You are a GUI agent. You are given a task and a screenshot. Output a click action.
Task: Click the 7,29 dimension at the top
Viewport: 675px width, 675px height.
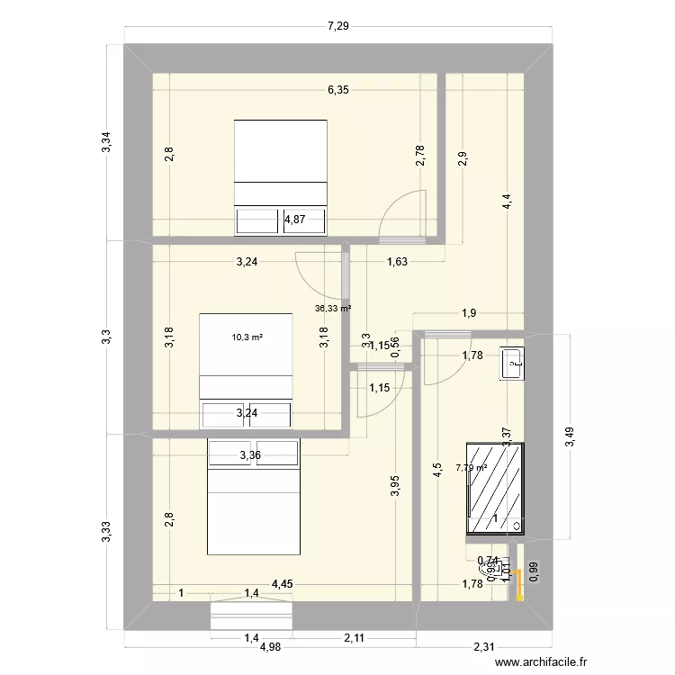tap(337, 26)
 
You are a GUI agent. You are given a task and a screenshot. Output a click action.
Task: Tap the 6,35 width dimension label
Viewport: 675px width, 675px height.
tap(337, 90)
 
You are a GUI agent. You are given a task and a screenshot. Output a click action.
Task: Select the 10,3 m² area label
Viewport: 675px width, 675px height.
tap(246, 337)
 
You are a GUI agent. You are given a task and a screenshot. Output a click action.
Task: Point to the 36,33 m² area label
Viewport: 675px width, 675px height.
tap(332, 308)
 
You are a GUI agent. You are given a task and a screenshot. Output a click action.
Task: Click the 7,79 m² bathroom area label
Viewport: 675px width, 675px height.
tap(471, 467)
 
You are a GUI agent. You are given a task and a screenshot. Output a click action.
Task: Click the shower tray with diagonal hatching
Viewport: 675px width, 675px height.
tap(494, 488)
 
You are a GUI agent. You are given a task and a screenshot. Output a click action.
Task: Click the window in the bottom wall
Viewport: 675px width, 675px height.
tap(252, 616)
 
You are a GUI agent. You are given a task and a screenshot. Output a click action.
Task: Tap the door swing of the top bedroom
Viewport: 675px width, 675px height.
tap(400, 216)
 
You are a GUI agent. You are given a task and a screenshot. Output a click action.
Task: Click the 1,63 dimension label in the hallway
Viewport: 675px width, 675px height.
tap(397, 263)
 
